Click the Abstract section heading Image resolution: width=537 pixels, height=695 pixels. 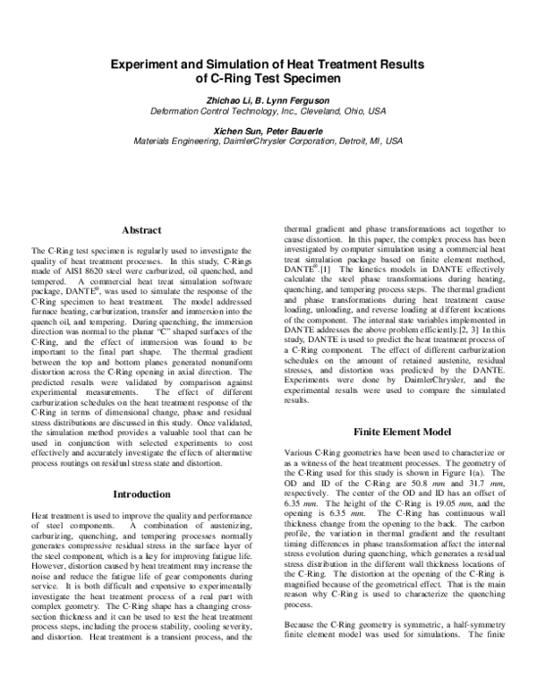coord(141,230)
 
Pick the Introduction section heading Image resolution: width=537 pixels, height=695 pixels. coord(141,493)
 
